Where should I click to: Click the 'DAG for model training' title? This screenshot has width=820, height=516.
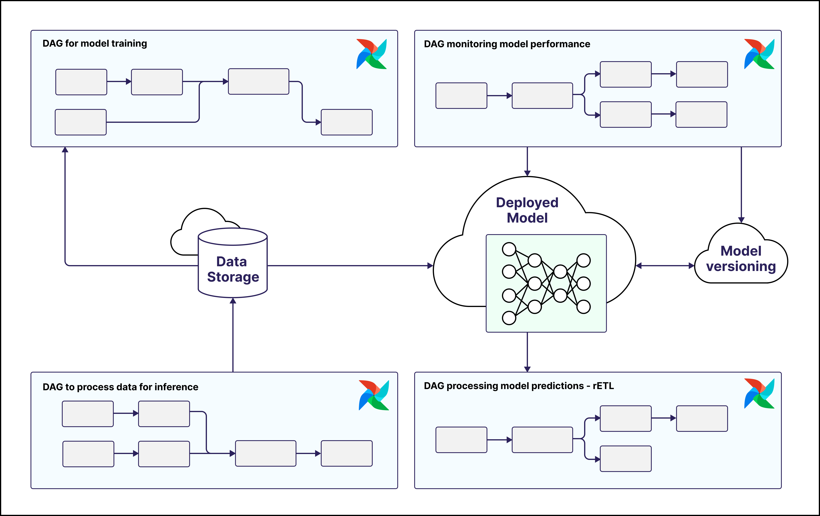(95, 43)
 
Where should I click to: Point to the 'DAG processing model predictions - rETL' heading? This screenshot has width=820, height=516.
(519, 386)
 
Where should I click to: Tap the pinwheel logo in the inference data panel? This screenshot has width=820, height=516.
(374, 395)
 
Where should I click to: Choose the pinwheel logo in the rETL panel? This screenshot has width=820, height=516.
(759, 394)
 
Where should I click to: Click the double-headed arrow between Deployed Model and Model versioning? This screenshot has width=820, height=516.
(665, 266)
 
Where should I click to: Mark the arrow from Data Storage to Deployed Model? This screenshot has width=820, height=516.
(347, 266)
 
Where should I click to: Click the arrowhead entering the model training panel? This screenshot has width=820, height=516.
(65, 150)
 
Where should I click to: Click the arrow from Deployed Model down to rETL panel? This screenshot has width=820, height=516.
(527, 352)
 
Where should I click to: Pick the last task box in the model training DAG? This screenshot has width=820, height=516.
(347, 122)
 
